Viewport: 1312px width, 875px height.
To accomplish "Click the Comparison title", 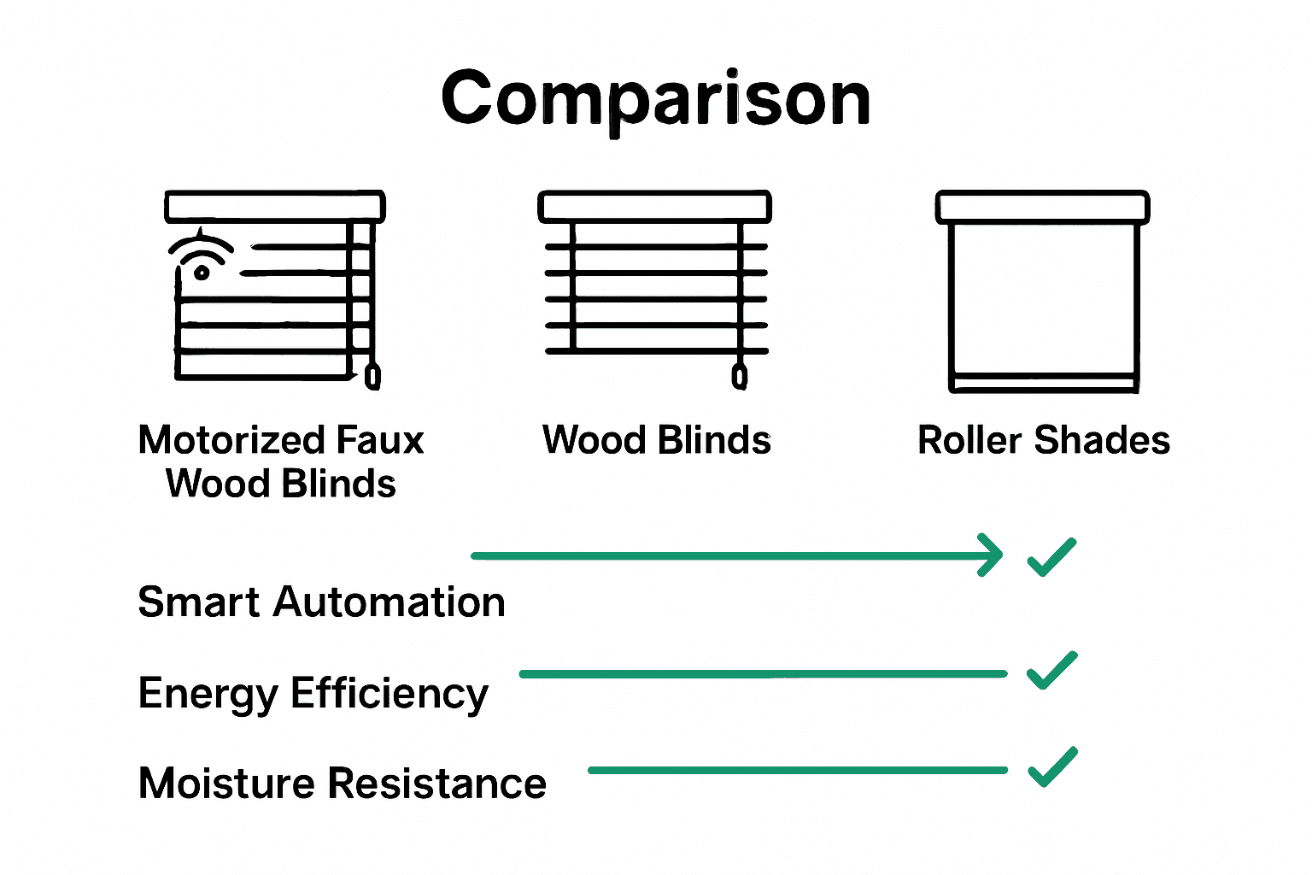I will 655,100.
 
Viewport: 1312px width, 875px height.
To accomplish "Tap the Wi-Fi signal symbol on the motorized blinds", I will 201,255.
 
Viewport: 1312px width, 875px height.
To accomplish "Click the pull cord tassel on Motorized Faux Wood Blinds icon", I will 372,376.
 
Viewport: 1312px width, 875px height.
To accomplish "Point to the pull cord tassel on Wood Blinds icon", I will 740,376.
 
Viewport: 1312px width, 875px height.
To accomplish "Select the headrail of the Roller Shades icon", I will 1042,207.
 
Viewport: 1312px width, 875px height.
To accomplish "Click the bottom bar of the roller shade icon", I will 1044,384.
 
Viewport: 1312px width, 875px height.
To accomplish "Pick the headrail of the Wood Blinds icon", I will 654,207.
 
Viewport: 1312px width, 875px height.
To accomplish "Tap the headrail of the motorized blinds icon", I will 274,207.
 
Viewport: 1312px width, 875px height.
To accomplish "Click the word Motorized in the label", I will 232,441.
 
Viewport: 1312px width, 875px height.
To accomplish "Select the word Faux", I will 380,441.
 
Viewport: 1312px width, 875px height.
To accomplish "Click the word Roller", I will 969,441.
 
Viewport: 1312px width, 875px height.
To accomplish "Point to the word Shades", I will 1102,441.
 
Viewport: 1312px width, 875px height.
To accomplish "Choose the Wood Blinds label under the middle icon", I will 656,441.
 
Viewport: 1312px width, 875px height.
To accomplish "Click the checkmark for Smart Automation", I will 1051,557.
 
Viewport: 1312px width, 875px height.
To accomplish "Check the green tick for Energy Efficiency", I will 1051,670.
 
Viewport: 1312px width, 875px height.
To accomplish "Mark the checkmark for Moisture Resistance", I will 1051,766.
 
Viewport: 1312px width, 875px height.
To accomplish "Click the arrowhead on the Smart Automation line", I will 991,555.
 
